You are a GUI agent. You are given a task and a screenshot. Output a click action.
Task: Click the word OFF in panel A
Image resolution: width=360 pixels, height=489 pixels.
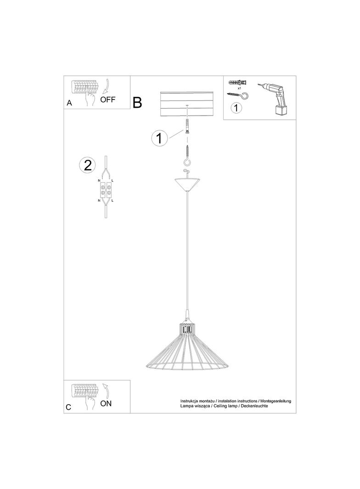(108, 100)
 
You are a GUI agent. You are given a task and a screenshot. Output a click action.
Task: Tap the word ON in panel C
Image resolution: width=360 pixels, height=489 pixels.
(106, 403)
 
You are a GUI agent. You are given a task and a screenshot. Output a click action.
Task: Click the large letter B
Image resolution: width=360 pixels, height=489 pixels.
(137, 103)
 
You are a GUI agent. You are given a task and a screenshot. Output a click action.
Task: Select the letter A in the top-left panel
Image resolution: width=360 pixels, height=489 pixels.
(69, 103)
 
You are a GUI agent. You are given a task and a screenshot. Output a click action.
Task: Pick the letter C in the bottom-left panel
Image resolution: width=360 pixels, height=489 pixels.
(69, 407)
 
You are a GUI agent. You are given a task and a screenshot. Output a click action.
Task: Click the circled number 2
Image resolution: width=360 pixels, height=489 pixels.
(87, 165)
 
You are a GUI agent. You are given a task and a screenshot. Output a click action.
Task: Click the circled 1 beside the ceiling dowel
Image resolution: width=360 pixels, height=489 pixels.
(159, 138)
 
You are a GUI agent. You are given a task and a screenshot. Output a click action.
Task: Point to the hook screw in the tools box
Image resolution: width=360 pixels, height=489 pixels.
(241, 95)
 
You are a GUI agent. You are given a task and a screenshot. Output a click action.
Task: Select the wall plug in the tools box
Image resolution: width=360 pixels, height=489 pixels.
(237, 83)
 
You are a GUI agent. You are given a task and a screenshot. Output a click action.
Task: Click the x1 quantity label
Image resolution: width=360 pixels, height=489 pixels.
(240, 88)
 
